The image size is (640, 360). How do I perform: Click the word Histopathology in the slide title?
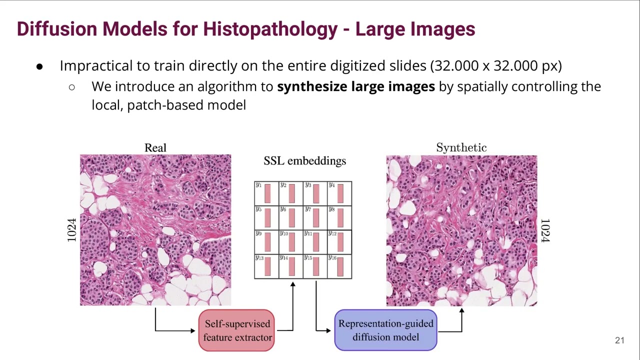[270, 29]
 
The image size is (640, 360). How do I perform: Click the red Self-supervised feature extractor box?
[236, 330]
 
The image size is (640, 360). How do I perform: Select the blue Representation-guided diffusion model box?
[385, 330]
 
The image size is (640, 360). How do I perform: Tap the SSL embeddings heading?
[304, 160]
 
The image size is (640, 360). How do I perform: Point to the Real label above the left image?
[155, 147]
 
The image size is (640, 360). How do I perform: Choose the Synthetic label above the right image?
[461, 147]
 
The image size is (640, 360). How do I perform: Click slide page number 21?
[619, 340]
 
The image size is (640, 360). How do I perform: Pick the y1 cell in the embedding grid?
[266, 193]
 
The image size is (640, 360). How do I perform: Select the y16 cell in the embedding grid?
[339, 266]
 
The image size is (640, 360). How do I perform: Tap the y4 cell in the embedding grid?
[339, 193]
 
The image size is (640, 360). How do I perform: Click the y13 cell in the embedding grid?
[266, 266]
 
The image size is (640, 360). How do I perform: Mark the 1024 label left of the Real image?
[72, 230]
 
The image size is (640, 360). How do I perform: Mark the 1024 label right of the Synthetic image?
[545, 230]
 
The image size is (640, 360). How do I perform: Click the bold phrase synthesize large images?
[356, 86]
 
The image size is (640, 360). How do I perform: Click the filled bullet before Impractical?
[39, 66]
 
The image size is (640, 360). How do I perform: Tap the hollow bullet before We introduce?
[72, 87]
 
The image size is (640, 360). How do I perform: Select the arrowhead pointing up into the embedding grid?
[292, 284]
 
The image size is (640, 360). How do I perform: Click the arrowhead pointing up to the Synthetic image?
[461, 311]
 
